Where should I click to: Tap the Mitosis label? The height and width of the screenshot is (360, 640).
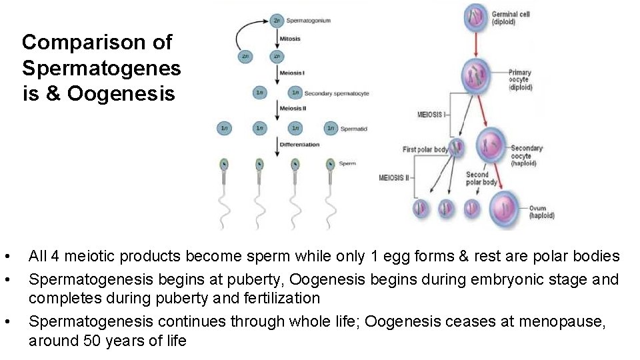pyautogui.click(x=290, y=39)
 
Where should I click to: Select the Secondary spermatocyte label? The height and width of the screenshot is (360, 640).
pyautogui.click(x=337, y=93)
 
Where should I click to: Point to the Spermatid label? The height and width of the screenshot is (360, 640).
pyautogui.click(x=353, y=129)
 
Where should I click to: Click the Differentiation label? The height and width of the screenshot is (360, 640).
pyautogui.click(x=299, y=145)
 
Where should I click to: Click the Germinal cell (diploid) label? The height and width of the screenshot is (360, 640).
pyautogui.click(x=511, y=18)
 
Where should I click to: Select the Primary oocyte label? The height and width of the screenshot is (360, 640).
pyautogui.click(x=519, y=80)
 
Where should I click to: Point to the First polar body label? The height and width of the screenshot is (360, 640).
pyautogui.click(x=425, y=149)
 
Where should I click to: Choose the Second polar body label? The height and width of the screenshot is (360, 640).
pyautogui.click(x=481, y=179)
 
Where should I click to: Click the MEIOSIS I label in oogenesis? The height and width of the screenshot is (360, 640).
pyautogui.click(x=431, y=115)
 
